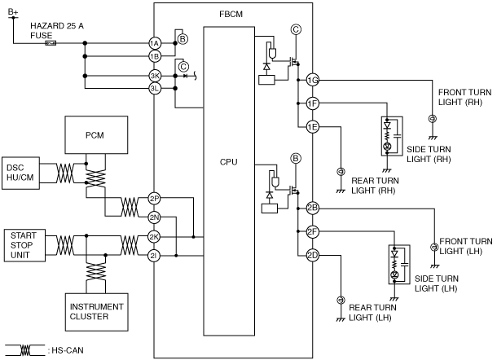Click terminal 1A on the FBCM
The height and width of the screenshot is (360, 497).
[154, 43]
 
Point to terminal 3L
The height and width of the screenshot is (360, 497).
[155, 89]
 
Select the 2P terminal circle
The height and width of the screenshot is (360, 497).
[154, 199]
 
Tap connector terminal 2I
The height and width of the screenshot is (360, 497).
[154, 256]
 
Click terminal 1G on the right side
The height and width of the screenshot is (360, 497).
[313, 80]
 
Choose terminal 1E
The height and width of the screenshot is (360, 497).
[313, 127]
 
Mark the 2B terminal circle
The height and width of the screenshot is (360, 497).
[313, 209]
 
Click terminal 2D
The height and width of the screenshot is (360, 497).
[313, 255]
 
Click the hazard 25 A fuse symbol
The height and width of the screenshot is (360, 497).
[51, 43]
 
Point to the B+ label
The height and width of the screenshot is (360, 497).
[13, 12]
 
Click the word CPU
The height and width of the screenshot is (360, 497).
[228, 162]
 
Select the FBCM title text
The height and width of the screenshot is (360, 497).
[231, 15]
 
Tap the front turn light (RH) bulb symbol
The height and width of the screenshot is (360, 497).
[433, 119]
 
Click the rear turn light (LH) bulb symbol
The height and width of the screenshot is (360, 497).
[341, 300]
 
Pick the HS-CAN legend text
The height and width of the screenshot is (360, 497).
[68, 350]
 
